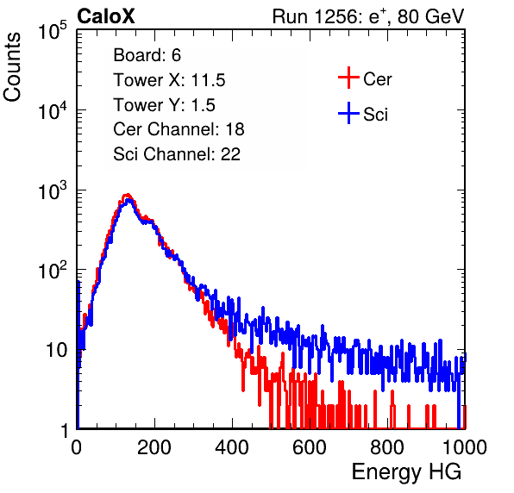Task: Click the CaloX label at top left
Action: point(106,16)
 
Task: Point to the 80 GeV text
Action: point(430,16)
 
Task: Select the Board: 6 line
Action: point(147,55)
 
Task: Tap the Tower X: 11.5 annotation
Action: point(169,80)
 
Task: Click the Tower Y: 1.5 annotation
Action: point(164,105)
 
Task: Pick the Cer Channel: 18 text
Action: point(179,129)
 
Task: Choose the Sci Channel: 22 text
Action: point(177,154)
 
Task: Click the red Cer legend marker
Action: point(348,78)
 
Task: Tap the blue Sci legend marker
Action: point(348,113)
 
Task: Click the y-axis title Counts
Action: point(12,67)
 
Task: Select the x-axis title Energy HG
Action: point(406,472)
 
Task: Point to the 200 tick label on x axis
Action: point(154,447)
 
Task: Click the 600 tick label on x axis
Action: point(310,447)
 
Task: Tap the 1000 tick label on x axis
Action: point(465,447)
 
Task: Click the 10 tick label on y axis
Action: point(56,350)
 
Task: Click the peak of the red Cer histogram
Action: point(127,195)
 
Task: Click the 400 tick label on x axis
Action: point(232,447)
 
